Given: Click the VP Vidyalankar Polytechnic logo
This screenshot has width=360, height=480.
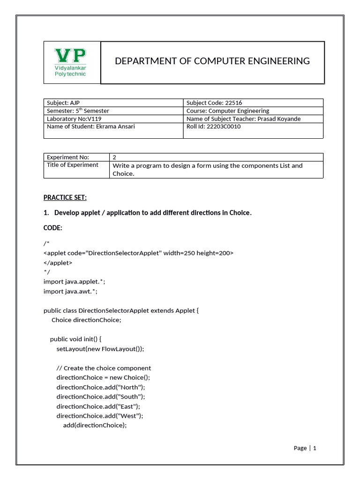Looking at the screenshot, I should pos(71,62).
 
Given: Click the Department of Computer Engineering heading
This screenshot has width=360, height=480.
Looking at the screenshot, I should pos(212,61).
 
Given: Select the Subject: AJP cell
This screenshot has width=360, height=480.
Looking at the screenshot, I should pos(60,103).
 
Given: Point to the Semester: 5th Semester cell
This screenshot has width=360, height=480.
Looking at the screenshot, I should pos(78,111).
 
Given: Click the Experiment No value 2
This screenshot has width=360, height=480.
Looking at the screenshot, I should pos(114,157).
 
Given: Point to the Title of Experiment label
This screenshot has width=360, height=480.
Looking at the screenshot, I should pos(73,165).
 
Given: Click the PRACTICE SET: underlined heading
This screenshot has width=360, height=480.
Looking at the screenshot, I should pos(65,197).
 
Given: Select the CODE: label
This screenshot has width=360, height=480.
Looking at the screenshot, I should pos(52,227).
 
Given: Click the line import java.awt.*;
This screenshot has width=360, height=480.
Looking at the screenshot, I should pos(70,291).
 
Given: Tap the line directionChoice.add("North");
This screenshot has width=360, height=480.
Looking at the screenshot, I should pos(101,387).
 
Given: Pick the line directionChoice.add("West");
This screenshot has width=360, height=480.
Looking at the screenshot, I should pos(100,416).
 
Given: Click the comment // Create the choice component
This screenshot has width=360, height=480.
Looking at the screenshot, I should pos(104,368).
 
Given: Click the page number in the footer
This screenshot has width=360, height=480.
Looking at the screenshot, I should pos(315,448).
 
